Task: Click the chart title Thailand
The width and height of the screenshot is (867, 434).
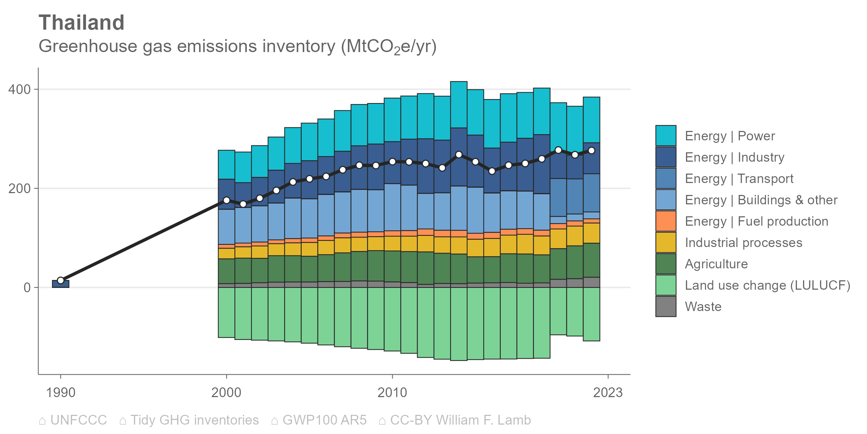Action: [81, 23]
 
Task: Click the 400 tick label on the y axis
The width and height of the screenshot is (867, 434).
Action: [20, 89]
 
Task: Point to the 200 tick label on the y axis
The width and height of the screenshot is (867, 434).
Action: [20, 188]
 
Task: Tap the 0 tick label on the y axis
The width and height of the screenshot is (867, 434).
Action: [27, 288]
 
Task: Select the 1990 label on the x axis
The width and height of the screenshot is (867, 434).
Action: [60, 392]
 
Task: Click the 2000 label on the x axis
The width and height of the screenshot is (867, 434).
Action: [226, 392]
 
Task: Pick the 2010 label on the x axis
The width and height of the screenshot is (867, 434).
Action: [392, 392]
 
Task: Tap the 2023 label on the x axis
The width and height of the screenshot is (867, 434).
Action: [608, 392]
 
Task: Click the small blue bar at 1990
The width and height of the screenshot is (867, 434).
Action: [60, 284]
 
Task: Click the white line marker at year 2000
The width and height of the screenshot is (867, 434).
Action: [227, 200]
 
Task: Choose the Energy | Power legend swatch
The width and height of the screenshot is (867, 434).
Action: [665, 136]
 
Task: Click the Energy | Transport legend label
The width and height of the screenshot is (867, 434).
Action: [739, 179]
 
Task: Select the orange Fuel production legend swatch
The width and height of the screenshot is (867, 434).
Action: [665, 221]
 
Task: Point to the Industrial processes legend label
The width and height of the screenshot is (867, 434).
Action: [743, 243]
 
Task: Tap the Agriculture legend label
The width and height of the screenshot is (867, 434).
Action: [716, 264]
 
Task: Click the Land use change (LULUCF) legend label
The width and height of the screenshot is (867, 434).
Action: [767, 285]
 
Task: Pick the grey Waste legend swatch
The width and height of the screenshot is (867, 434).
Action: [665, 306]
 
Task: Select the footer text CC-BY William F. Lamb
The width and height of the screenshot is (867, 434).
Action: [460, 420]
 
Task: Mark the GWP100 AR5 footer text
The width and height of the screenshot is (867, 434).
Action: [324, 420]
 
